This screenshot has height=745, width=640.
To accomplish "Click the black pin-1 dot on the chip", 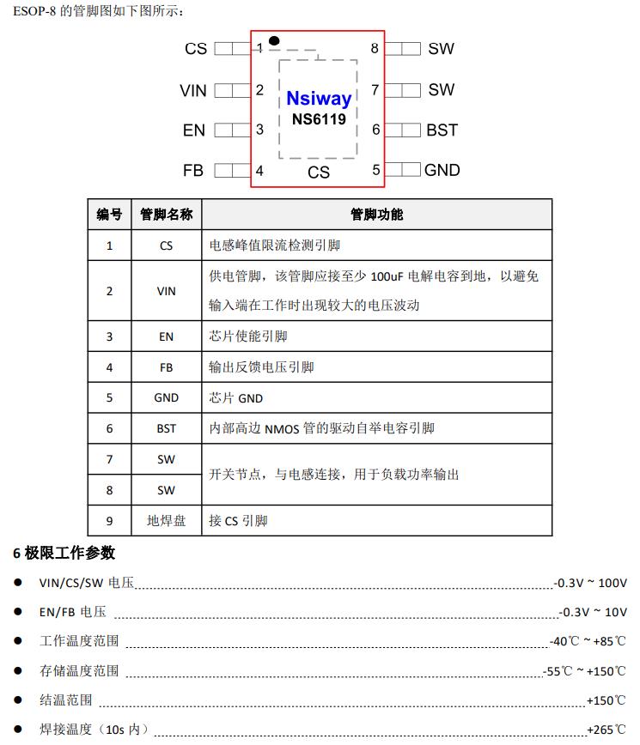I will click(274, 40).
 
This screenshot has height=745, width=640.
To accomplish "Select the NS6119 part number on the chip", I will click(319, 119).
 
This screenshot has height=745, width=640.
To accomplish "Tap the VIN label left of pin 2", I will click(193, 90).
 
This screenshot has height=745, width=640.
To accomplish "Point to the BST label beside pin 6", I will click(442, 130).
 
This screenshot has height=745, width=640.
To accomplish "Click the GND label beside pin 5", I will click(442, 170).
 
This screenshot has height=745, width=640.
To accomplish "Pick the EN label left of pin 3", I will click(194, 130).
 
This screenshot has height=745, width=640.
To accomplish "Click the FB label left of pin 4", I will click(193, 171).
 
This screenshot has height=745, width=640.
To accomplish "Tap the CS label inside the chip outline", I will click(319, 173).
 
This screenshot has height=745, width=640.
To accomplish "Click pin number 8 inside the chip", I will click(375, 49).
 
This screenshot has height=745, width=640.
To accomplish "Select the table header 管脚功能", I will click(376, 215).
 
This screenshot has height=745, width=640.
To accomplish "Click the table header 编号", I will click(109, 215).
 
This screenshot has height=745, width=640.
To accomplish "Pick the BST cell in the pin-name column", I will click(166, 428).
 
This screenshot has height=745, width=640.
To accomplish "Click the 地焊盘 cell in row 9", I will click(166, 521).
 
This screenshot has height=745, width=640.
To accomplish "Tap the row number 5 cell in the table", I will click(109, 397).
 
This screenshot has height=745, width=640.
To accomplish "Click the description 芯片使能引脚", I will click(247, 336).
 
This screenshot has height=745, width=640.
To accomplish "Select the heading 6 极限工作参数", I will click(64, 553).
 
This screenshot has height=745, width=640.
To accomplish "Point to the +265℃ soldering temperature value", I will click(606, 730).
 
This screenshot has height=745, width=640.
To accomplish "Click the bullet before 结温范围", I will click(18, 700).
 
